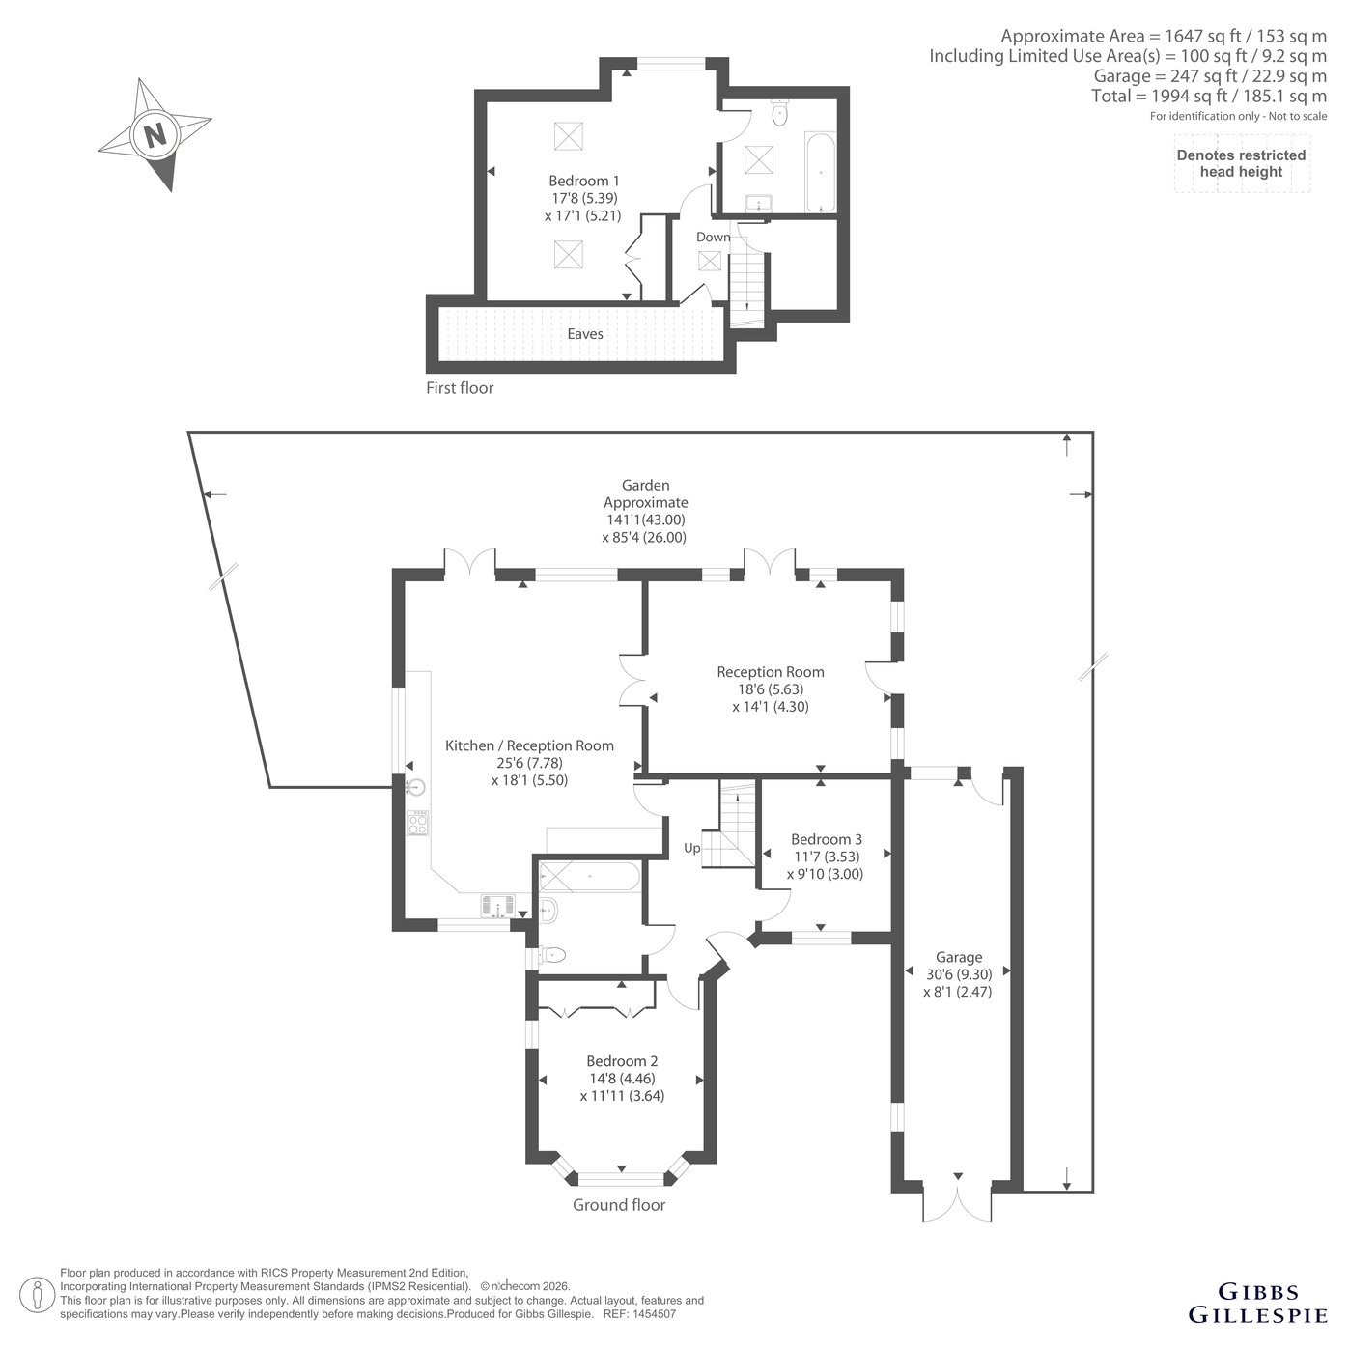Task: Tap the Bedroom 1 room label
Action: [584, 181]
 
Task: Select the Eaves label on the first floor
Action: [584, 334]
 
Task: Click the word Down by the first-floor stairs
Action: [713, 237]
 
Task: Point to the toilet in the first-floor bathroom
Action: [779, 112]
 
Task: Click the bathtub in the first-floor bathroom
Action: [819, 172]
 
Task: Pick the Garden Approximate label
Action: [645, 493]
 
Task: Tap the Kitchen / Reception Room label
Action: [529, 745]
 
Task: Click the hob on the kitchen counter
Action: [419, 822]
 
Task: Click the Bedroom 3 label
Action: [826, 839]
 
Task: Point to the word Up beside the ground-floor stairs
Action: [691, 848]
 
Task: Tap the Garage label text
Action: [958, 956]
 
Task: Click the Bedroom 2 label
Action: [622, 1060]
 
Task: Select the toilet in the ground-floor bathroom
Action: [551, 954]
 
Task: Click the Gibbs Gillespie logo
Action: [1257, 1303]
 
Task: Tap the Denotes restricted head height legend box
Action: [1241, 163]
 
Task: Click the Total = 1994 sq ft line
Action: [1208, 96]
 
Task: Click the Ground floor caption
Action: [619, 1205]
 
